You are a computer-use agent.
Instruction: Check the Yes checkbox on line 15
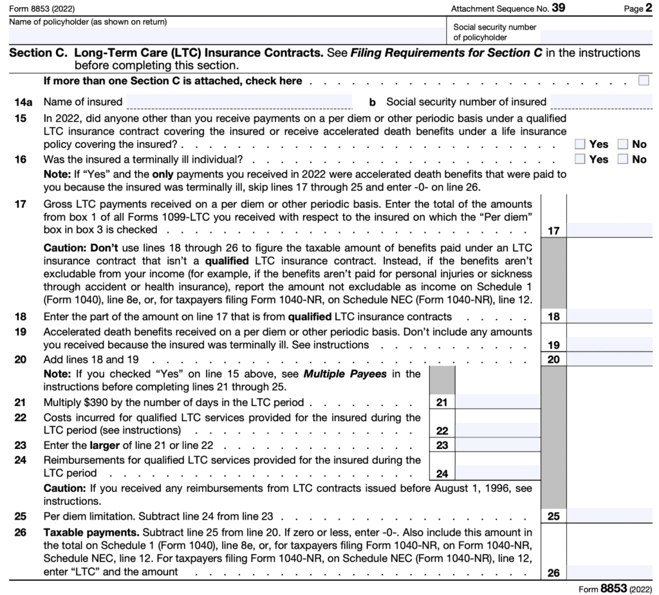click(580, 144)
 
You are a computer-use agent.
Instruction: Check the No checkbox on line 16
click(623, 159)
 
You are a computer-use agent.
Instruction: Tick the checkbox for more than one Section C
click(644, 80)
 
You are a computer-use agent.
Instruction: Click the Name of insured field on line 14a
click(239, 102)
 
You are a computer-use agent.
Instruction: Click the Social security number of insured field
click(601, 102)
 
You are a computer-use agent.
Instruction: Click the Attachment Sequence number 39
click(559, 8)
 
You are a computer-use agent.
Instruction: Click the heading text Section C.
click(38, 53)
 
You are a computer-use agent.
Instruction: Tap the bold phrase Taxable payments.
click(91, 533)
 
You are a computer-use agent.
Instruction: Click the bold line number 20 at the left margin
click(20, 360)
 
